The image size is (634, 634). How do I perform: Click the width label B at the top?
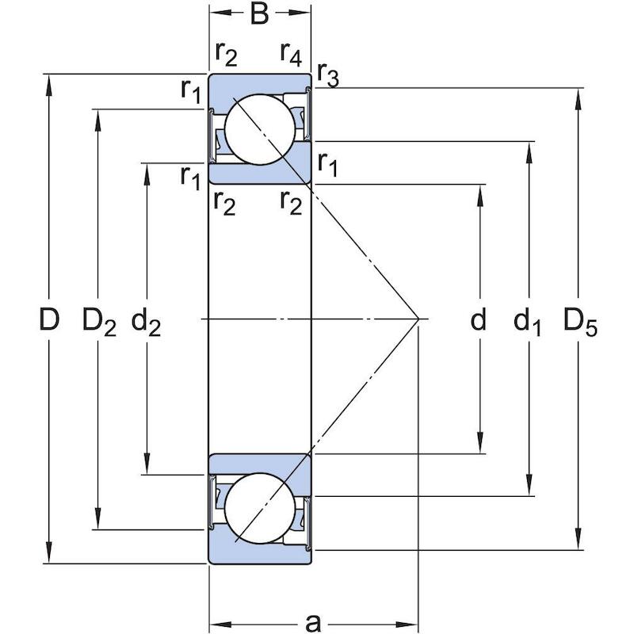259,13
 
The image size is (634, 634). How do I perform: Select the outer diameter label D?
49,319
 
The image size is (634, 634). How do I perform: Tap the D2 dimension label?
99,322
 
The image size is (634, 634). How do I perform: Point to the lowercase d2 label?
146,322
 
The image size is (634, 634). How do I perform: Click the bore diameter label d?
479,319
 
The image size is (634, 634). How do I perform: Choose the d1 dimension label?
527,322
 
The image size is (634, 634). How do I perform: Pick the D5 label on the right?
580,322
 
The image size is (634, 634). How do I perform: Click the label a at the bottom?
313,623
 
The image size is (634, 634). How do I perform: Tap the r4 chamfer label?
291,55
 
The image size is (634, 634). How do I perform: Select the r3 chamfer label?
328,74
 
